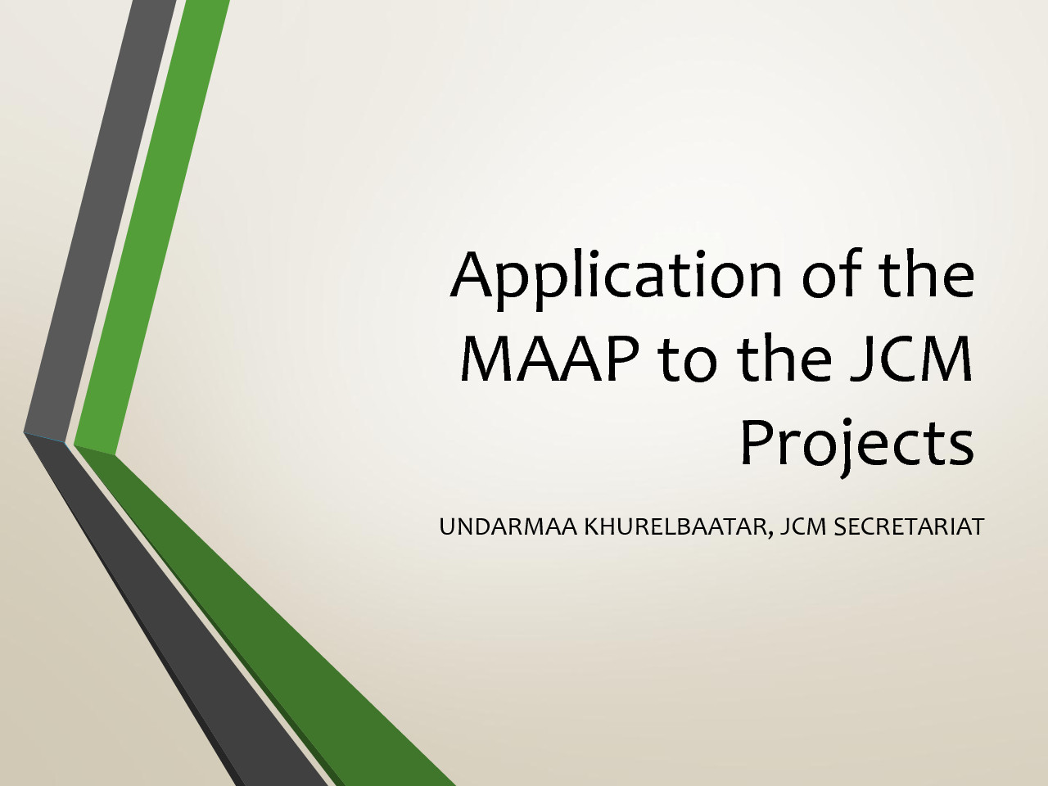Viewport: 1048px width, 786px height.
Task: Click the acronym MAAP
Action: point(549,358)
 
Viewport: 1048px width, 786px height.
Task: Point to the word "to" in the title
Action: point(687,360)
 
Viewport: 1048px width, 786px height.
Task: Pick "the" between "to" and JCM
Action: point(790,357)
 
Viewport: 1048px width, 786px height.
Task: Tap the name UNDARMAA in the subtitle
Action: point(508,526)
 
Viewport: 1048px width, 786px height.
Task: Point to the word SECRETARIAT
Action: point(909,526)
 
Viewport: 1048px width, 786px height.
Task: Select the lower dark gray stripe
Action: point(177,616)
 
